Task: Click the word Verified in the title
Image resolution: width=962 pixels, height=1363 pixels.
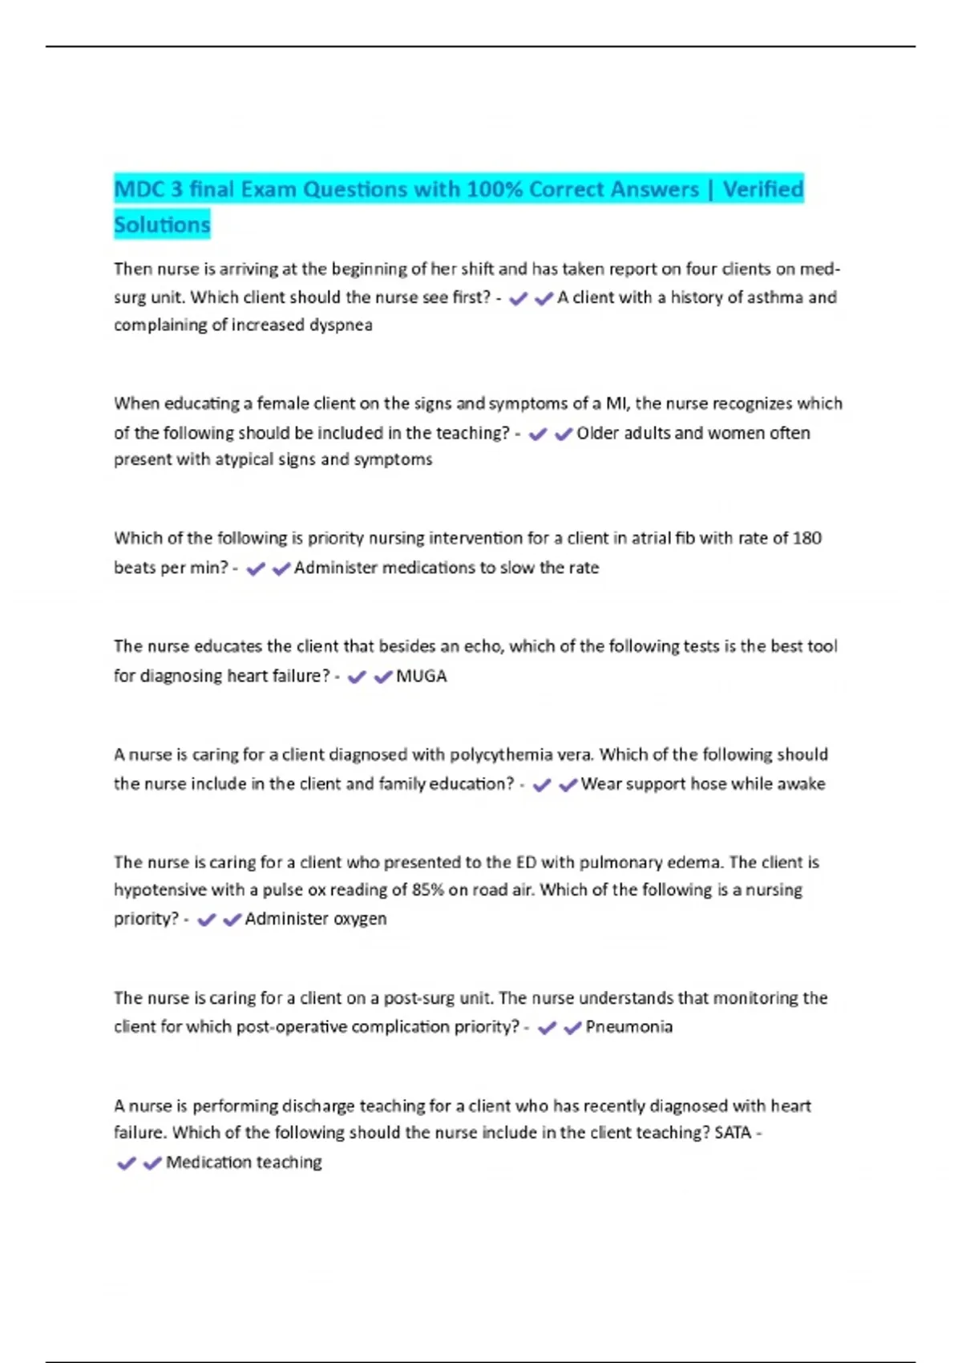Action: pos(762,189)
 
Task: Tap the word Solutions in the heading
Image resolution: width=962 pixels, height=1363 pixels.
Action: pos(162,224)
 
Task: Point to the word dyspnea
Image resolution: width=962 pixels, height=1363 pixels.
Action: pos(341,325)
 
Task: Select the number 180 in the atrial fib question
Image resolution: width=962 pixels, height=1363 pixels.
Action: pos(806,538)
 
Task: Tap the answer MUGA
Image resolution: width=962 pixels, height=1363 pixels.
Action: pos(422,676)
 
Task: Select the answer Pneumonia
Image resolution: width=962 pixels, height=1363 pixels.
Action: pos(629,1027)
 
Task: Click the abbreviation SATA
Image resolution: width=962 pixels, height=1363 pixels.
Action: pos(733,1133)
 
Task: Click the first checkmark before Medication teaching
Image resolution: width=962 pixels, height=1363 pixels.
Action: pos(126,1163)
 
